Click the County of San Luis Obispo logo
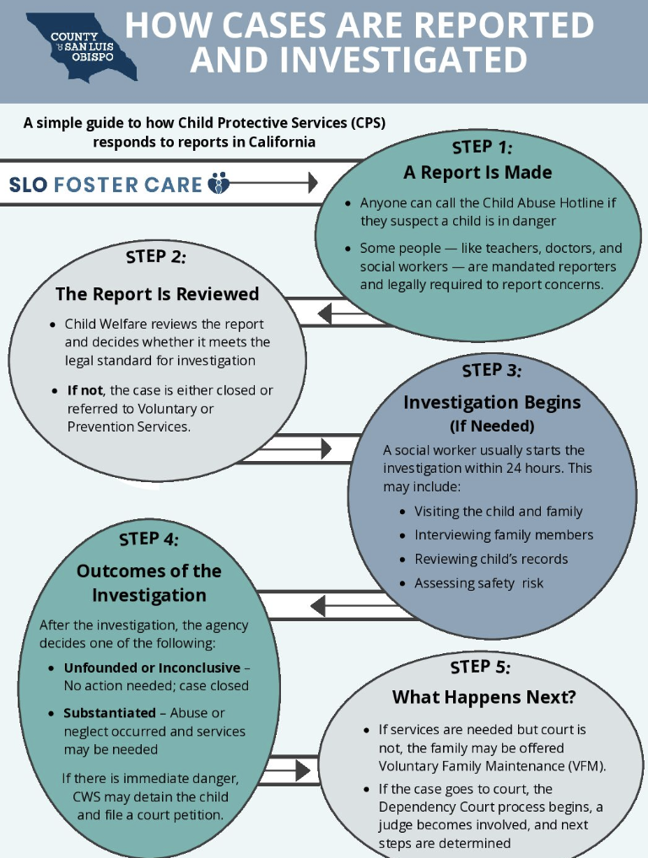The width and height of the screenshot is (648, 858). coord(81,46)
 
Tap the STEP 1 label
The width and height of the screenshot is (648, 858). coord(482,147)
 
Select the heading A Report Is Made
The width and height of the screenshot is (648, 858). coord(478,173)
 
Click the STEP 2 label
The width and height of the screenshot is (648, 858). coord(155,255)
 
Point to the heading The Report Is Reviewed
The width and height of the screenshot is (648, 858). coord(157,294)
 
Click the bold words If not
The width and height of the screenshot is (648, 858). coord(85,390)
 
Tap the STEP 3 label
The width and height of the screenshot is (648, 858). coord(491,370)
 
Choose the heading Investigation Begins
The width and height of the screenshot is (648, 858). coord(492,402)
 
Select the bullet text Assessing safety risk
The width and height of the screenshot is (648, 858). coord(478,582)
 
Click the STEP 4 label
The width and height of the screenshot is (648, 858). coord(148,539)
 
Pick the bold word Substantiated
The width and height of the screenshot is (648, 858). coord(110,713)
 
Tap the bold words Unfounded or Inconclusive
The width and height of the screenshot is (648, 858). coord(152,668)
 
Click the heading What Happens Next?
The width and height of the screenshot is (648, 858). coord(483,698)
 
